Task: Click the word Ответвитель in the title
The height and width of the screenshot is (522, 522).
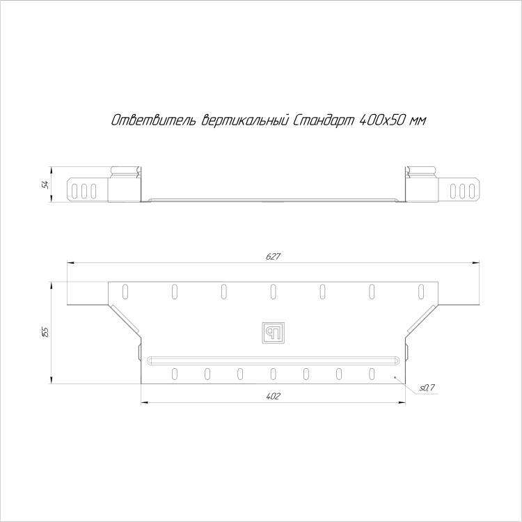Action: [154, 120]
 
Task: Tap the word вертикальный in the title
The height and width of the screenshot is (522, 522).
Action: [245, 120]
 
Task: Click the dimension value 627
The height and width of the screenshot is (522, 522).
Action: [274, 256]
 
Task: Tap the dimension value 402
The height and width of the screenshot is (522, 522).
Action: [274, 396]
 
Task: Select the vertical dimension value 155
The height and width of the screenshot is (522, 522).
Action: [45, 332]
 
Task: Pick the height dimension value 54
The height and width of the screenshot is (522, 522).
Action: [45, 184]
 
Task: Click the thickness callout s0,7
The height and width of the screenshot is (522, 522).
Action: [427, 388]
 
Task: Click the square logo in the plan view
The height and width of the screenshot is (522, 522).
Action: [273, 333]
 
